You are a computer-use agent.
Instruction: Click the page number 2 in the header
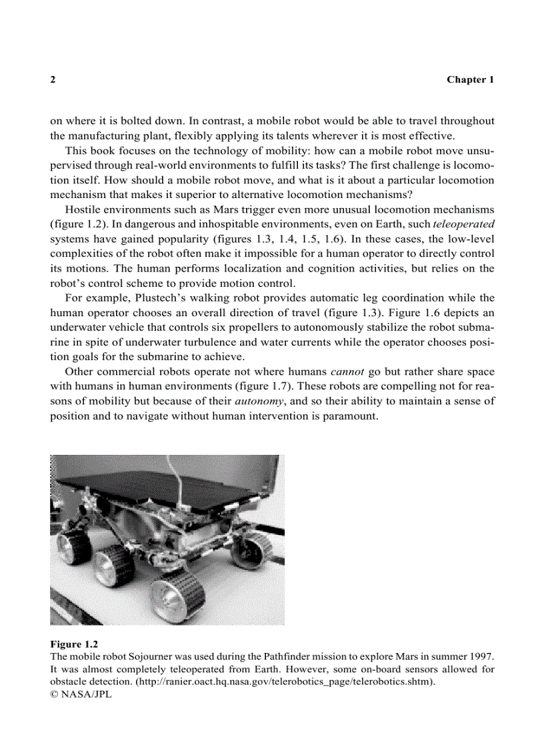pyautogui.click(x=53, y=79)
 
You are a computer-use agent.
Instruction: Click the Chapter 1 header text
pyautogui.click(x=470, y=79)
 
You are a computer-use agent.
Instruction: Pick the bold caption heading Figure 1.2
pyautogui.click(x=75, y=644)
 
